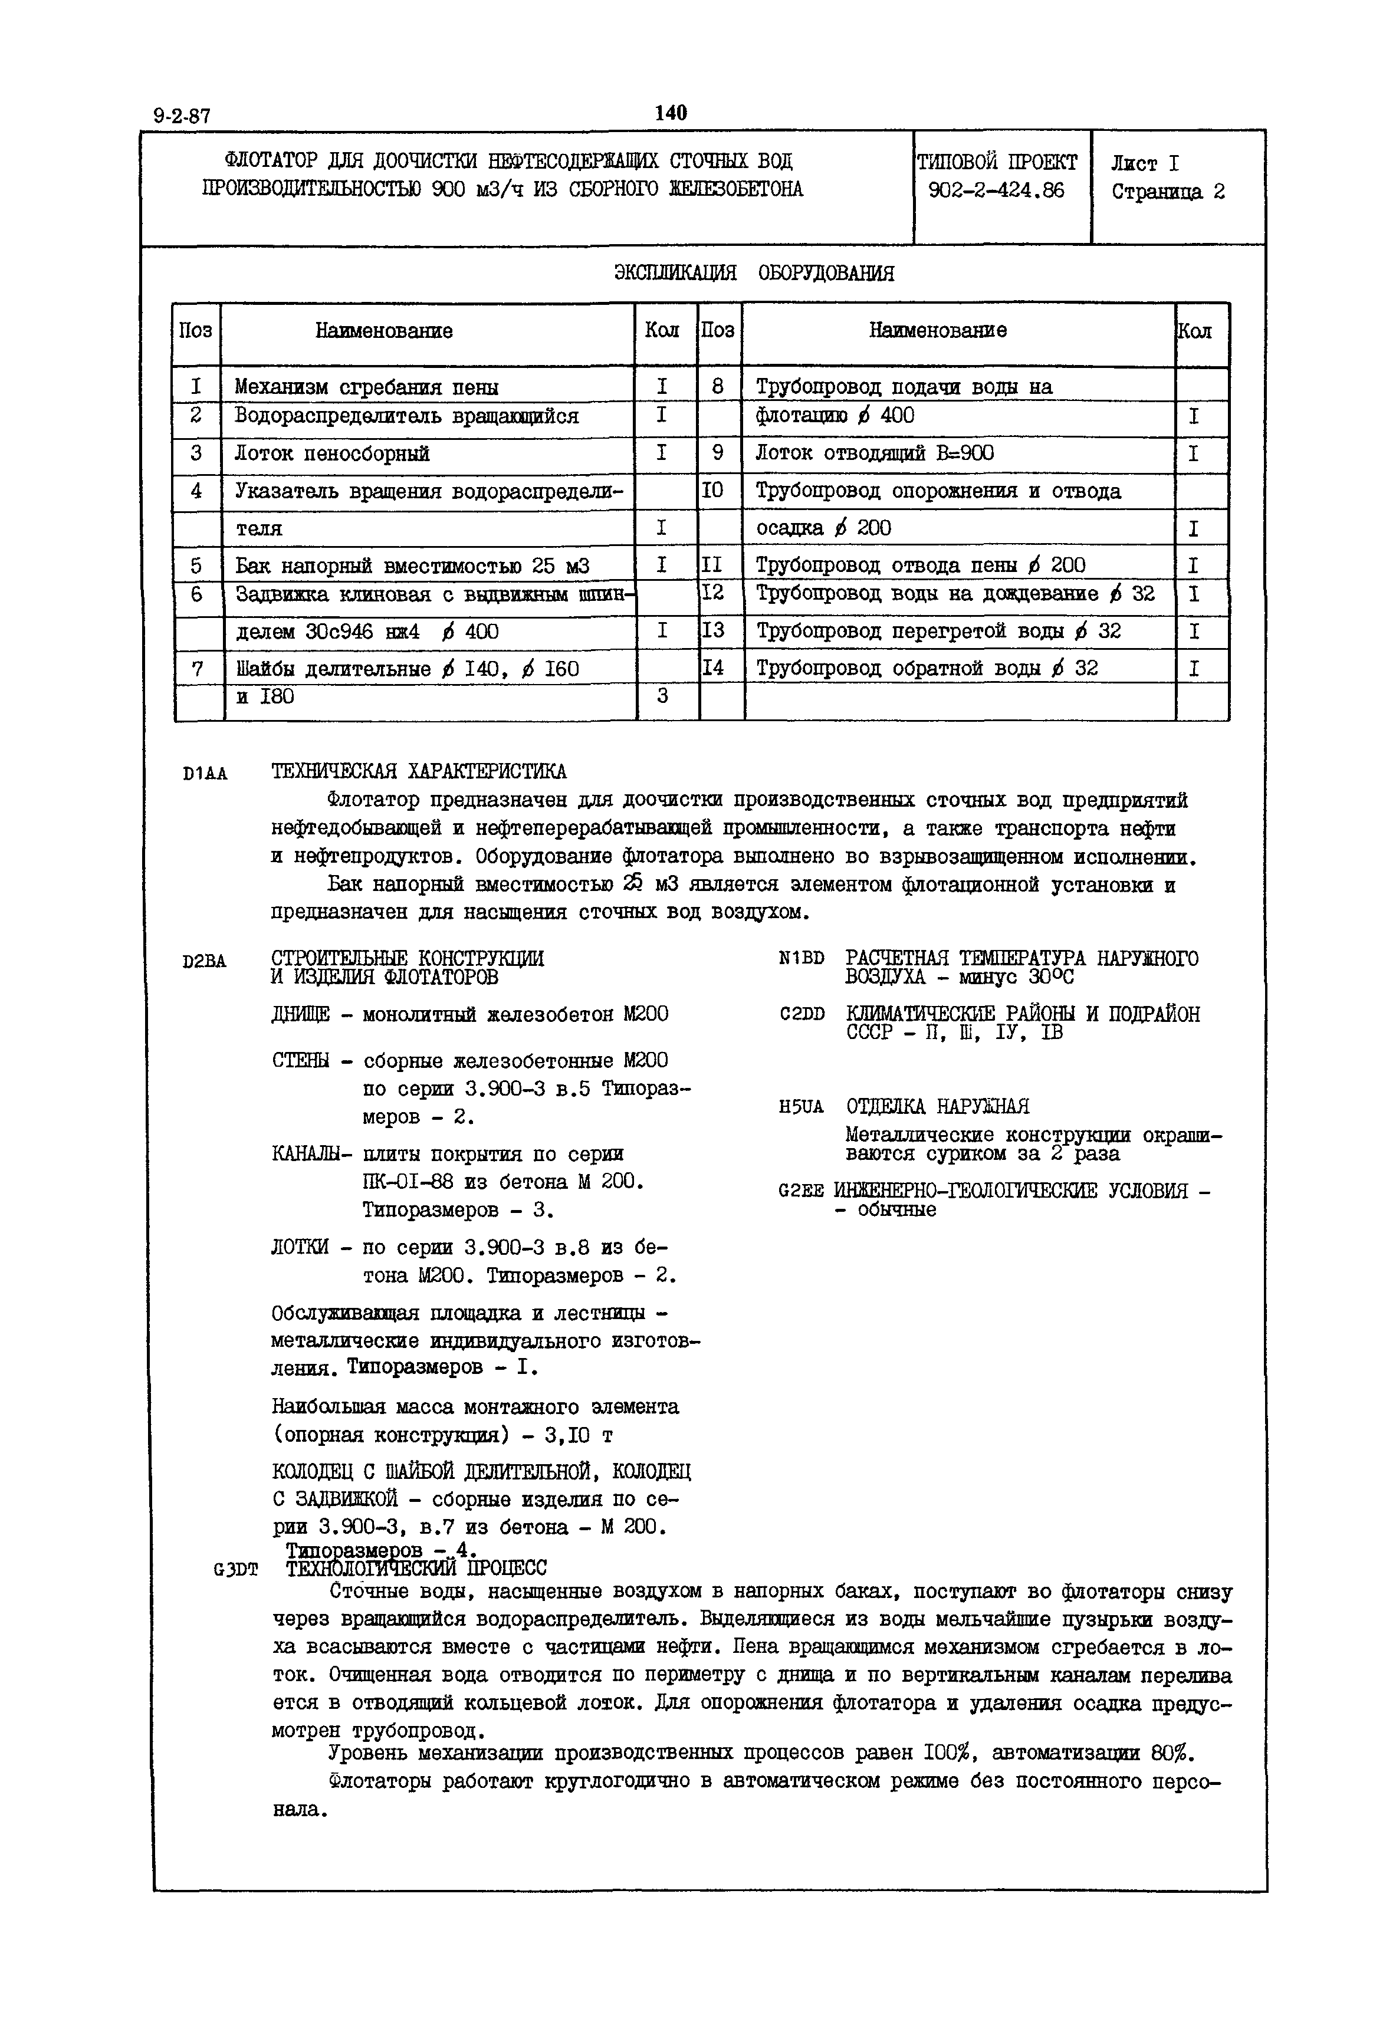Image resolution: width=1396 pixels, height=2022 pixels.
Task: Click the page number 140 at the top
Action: (671, 113)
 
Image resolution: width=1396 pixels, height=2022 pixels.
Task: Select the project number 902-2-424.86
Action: (996, 190)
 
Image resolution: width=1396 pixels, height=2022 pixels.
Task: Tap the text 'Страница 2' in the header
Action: (1168, 192)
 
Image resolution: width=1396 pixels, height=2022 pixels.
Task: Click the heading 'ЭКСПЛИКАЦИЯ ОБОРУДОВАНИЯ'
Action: (753, 273)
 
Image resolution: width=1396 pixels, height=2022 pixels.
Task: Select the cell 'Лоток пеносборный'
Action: (333, 453)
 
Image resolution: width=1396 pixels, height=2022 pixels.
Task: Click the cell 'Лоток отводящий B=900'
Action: (874, 453)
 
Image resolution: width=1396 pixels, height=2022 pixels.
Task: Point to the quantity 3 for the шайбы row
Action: (662, 697)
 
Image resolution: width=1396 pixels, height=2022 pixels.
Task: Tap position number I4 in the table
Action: (714, 668)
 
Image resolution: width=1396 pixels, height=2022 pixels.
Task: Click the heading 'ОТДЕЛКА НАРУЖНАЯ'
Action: (938, 1106)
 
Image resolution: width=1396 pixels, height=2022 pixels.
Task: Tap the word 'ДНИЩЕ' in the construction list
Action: (301, 1014)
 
